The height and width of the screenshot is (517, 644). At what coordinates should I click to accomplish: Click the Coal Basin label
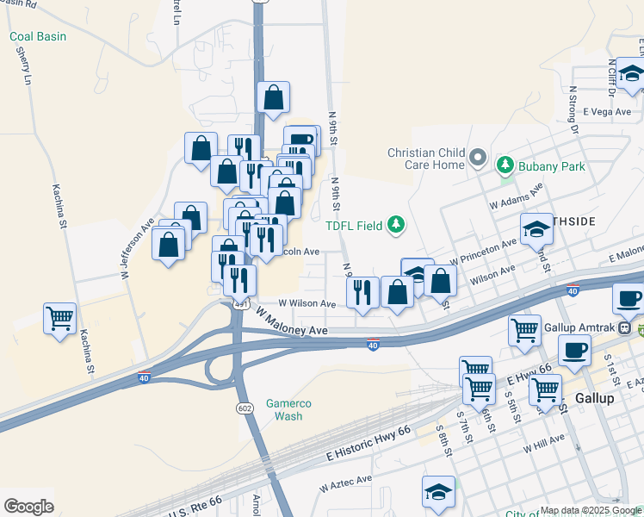[x=38, y=37]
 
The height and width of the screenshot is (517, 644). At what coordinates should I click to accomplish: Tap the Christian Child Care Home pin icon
[x=479, y=159]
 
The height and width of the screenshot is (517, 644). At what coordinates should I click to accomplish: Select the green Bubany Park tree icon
[x=505, y=165]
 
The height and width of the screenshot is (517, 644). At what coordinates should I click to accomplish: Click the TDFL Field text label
[x=353, y=226]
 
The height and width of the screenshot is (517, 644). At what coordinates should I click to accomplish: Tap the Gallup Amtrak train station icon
[x=641, y=327]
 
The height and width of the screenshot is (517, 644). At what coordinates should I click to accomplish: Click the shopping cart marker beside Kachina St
[x=59, y=319]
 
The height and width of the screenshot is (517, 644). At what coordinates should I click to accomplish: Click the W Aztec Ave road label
[x=345, y=483]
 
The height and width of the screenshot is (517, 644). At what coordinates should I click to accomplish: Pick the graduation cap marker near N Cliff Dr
[x=631, y=74]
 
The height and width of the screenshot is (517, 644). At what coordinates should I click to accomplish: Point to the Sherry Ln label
[x=23, y=65]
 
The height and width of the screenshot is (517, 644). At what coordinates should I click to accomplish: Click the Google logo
[x=28, y=506]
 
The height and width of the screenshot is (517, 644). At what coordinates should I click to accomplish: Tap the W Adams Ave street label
[x=517, y=196]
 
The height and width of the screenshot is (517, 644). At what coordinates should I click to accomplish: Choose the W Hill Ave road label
[x=543, y=444]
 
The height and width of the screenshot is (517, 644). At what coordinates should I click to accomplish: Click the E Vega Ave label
[x=608, y=111]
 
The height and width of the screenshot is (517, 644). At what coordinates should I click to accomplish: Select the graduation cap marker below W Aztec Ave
[x=437, y=490]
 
